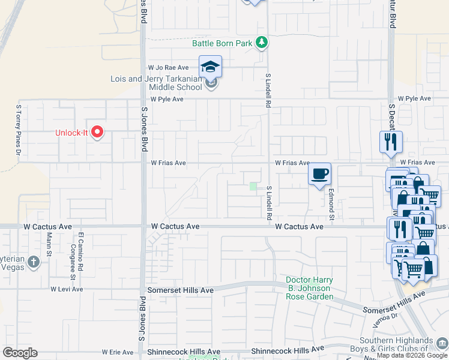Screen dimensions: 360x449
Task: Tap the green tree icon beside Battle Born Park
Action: point(262,42)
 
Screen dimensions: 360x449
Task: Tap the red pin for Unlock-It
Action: point(97,132)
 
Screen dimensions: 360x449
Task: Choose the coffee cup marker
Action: point(319,174)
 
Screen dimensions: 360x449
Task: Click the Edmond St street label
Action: point(331,205)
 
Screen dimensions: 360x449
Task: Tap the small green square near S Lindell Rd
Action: point(253,187)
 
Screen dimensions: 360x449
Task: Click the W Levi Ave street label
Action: point(66,289)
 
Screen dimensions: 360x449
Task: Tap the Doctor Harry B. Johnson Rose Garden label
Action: point(309,289)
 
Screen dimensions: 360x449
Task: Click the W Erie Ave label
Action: point(118,352)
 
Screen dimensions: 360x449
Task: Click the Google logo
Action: point(20,353)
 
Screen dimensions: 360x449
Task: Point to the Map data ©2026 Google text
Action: point(411,355)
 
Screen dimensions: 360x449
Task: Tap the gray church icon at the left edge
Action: point(33,262)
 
